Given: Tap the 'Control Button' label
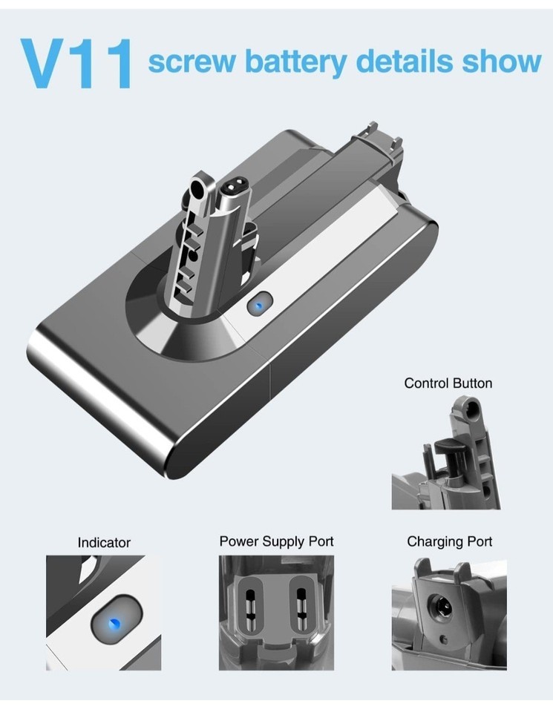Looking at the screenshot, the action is coord(448,383).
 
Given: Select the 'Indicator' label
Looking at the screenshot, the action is coord(104,543).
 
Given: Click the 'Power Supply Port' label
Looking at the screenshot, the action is coord(276,541).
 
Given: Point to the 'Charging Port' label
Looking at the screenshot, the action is coord(449,541).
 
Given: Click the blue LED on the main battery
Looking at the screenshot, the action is coord(258,306).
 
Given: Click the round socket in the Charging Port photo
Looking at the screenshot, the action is coord(441,606).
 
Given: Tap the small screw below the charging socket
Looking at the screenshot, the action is coord(442,639).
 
